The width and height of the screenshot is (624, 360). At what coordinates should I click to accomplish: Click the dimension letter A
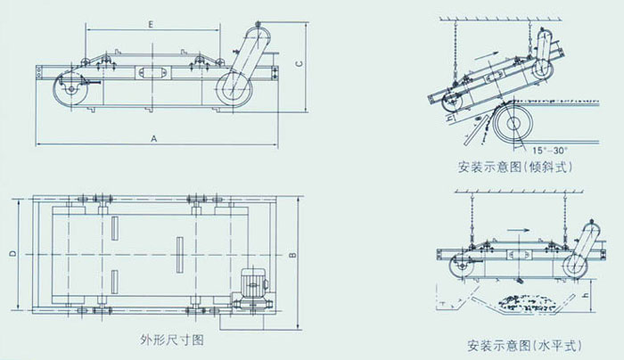pyautogui.click(x=154, y=139)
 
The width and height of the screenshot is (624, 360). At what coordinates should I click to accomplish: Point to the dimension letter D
pyautogui.click(x=11, y=253)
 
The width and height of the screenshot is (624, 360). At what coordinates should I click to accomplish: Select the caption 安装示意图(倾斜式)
pyautogui.click(x=513, y=167)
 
